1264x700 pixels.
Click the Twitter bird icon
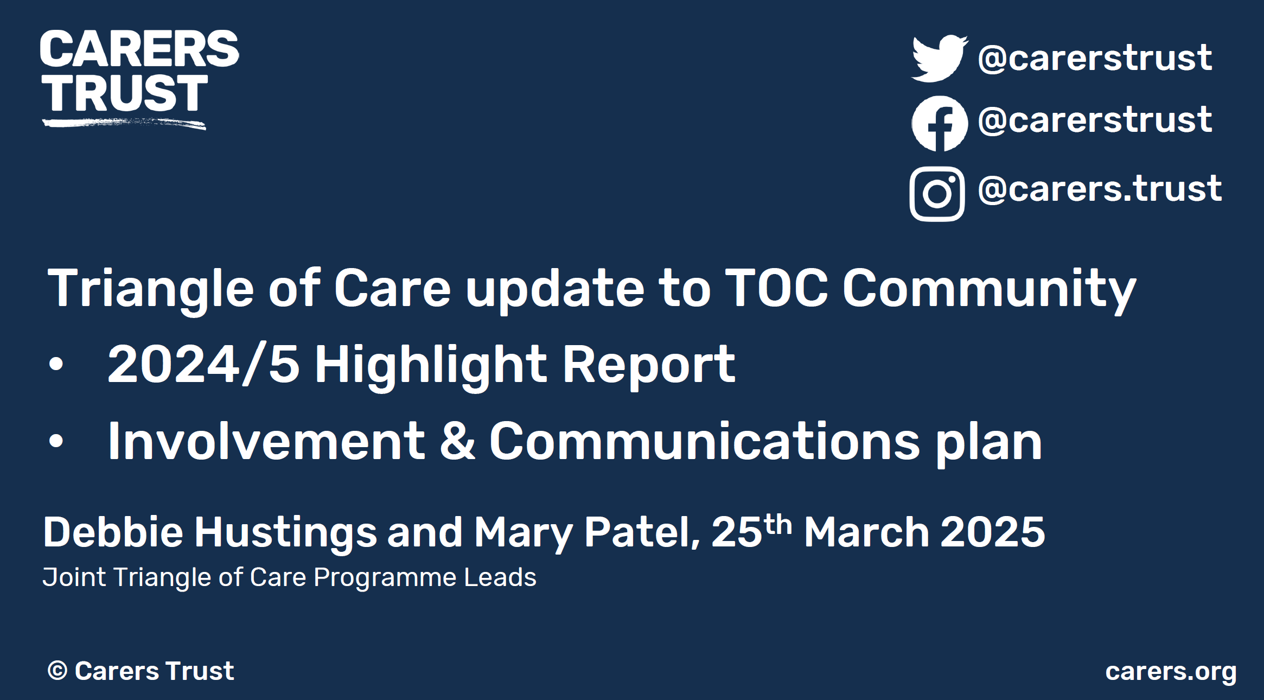coord(940,59)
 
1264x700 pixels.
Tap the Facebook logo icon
coord(940,124)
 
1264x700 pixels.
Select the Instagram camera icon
coord(937,194)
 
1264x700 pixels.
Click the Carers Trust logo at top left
coord(139,79)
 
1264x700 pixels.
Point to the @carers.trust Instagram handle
coord(1100,189)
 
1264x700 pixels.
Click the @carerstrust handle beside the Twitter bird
coord(1095,58)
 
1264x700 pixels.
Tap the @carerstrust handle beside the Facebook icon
coord(1095,119)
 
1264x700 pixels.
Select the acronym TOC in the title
coord(777,288)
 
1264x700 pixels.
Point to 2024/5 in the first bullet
coord(203,364)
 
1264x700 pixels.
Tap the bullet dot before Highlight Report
coord(56,364)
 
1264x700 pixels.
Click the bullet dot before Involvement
coord(56,441)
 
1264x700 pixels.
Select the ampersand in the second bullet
coord(458,441)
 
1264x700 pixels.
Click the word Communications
coord(705,441)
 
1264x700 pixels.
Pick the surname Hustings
coord(285,533)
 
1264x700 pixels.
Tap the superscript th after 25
coord(778,524)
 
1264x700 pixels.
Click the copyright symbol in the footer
coord(58,671)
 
